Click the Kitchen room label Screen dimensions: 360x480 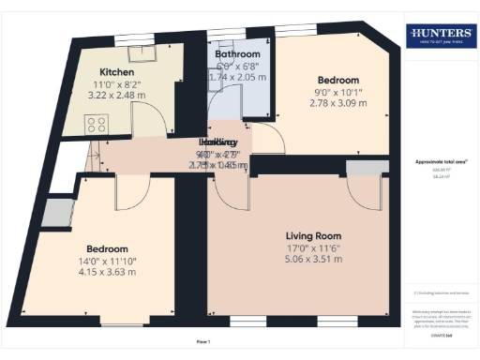[118, 71]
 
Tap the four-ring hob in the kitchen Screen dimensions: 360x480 [96, 123]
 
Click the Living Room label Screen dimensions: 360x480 [313, 235]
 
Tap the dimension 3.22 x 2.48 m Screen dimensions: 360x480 [118, 95]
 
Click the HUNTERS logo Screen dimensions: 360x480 [440, 38]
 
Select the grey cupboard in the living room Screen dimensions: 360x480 [359, 167]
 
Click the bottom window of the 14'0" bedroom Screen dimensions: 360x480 [123, 325]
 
